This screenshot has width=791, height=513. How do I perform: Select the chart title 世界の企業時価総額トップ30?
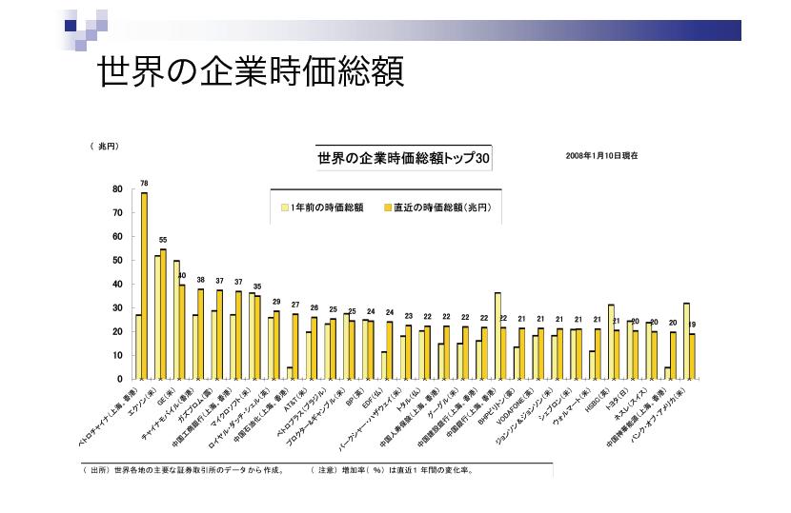pyautogui.click(x=403, y=160)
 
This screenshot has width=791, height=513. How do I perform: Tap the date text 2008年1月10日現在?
pyautogui.click(x=600, y=154)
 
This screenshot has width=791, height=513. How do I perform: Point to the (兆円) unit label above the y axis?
pyautogui.click(x=103, y=146)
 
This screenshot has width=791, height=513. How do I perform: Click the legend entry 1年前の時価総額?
pyautogui.click(x=323, y=206)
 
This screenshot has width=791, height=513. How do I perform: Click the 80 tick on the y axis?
pyautogui.click(x=117, y=189)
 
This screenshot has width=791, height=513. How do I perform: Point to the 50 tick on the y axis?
pyautogui.click(x=117, y=261)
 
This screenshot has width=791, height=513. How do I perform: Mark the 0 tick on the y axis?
pyautogui.click(x=120, y=380)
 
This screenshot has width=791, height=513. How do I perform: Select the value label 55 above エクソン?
pyautogui.click(x=163, y=240)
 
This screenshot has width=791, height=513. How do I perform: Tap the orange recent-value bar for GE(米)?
pyautogui.click(x=182, y=331)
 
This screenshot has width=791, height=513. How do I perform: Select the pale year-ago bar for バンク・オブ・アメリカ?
pyautogui.click(x=686, y=341)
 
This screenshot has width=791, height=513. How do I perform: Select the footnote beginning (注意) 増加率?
pyautogui.click(x=392, y=469)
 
